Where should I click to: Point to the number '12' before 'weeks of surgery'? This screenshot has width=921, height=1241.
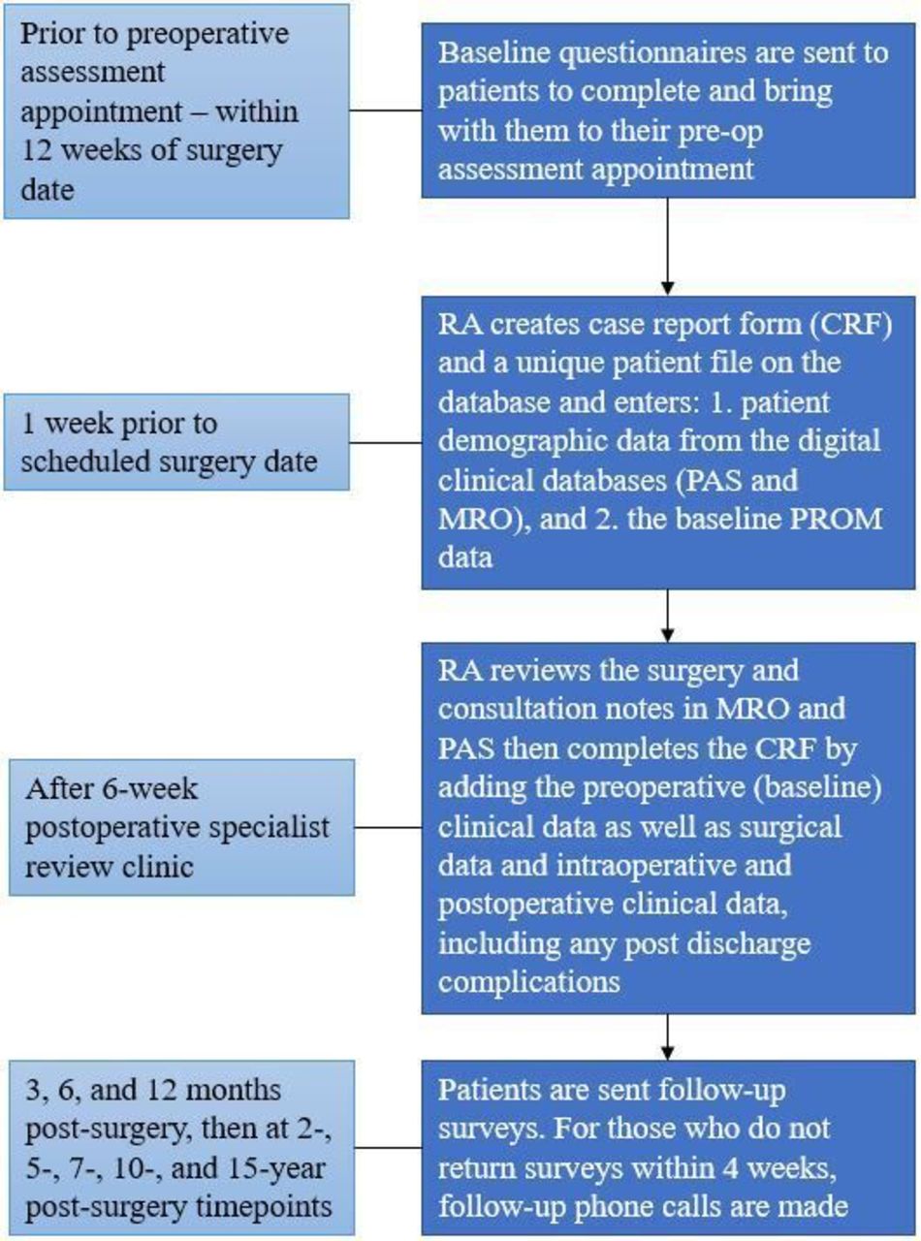[36, 150]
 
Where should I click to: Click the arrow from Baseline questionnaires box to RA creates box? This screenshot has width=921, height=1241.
[667, 246]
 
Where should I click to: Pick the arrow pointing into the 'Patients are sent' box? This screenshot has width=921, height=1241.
[667, 1036]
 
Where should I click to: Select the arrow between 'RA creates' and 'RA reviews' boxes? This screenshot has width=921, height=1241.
[667, 616]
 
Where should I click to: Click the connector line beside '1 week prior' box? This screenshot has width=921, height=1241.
[386, 442]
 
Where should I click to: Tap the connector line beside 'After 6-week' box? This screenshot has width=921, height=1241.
[389, 827]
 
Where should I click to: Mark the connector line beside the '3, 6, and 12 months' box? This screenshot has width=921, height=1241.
[389, 1148]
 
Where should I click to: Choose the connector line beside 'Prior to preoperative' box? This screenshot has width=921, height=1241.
[386, 111]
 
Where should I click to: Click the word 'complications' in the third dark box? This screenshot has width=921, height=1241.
[528, 982]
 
